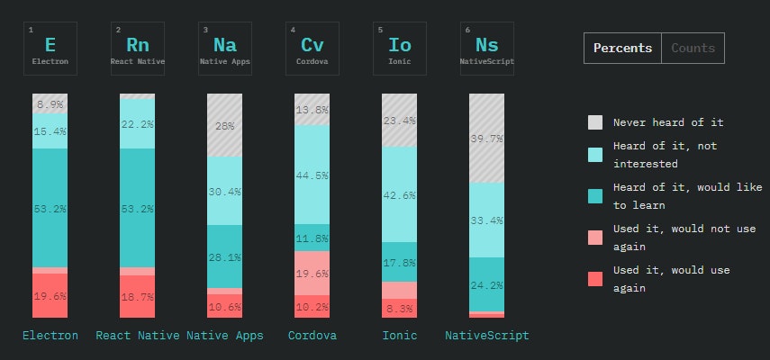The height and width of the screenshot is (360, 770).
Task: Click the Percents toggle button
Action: pos(622,49)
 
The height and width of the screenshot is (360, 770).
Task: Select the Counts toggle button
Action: pos(693,49)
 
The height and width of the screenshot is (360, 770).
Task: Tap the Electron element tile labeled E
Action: pos(50,49)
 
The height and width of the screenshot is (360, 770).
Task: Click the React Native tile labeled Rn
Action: pos(138,49)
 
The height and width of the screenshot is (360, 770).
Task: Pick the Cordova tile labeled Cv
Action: pos(313,49)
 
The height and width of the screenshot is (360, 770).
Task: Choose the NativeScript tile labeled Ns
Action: pos(486,49)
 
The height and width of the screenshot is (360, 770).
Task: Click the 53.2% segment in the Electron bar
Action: pos(50,208)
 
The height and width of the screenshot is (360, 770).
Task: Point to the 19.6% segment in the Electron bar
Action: pos(50,295)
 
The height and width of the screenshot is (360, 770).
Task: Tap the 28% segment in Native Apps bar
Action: pos(225,125)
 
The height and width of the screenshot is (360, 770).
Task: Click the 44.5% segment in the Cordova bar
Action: pos(313,175)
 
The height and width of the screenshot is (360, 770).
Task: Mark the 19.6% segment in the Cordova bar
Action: pos(313,273)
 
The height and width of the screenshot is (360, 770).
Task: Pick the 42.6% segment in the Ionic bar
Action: pos(399,194)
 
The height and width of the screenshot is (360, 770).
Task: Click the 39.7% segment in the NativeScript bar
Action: pos(486,138)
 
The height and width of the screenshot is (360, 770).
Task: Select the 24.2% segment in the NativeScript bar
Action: pos(486,284)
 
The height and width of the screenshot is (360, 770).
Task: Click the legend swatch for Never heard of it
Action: pos(595,122)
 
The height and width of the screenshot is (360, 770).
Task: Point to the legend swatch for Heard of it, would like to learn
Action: pos(595,196)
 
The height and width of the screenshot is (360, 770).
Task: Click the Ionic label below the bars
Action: pos(399,336)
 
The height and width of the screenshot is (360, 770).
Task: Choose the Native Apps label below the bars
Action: pos(225,336)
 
